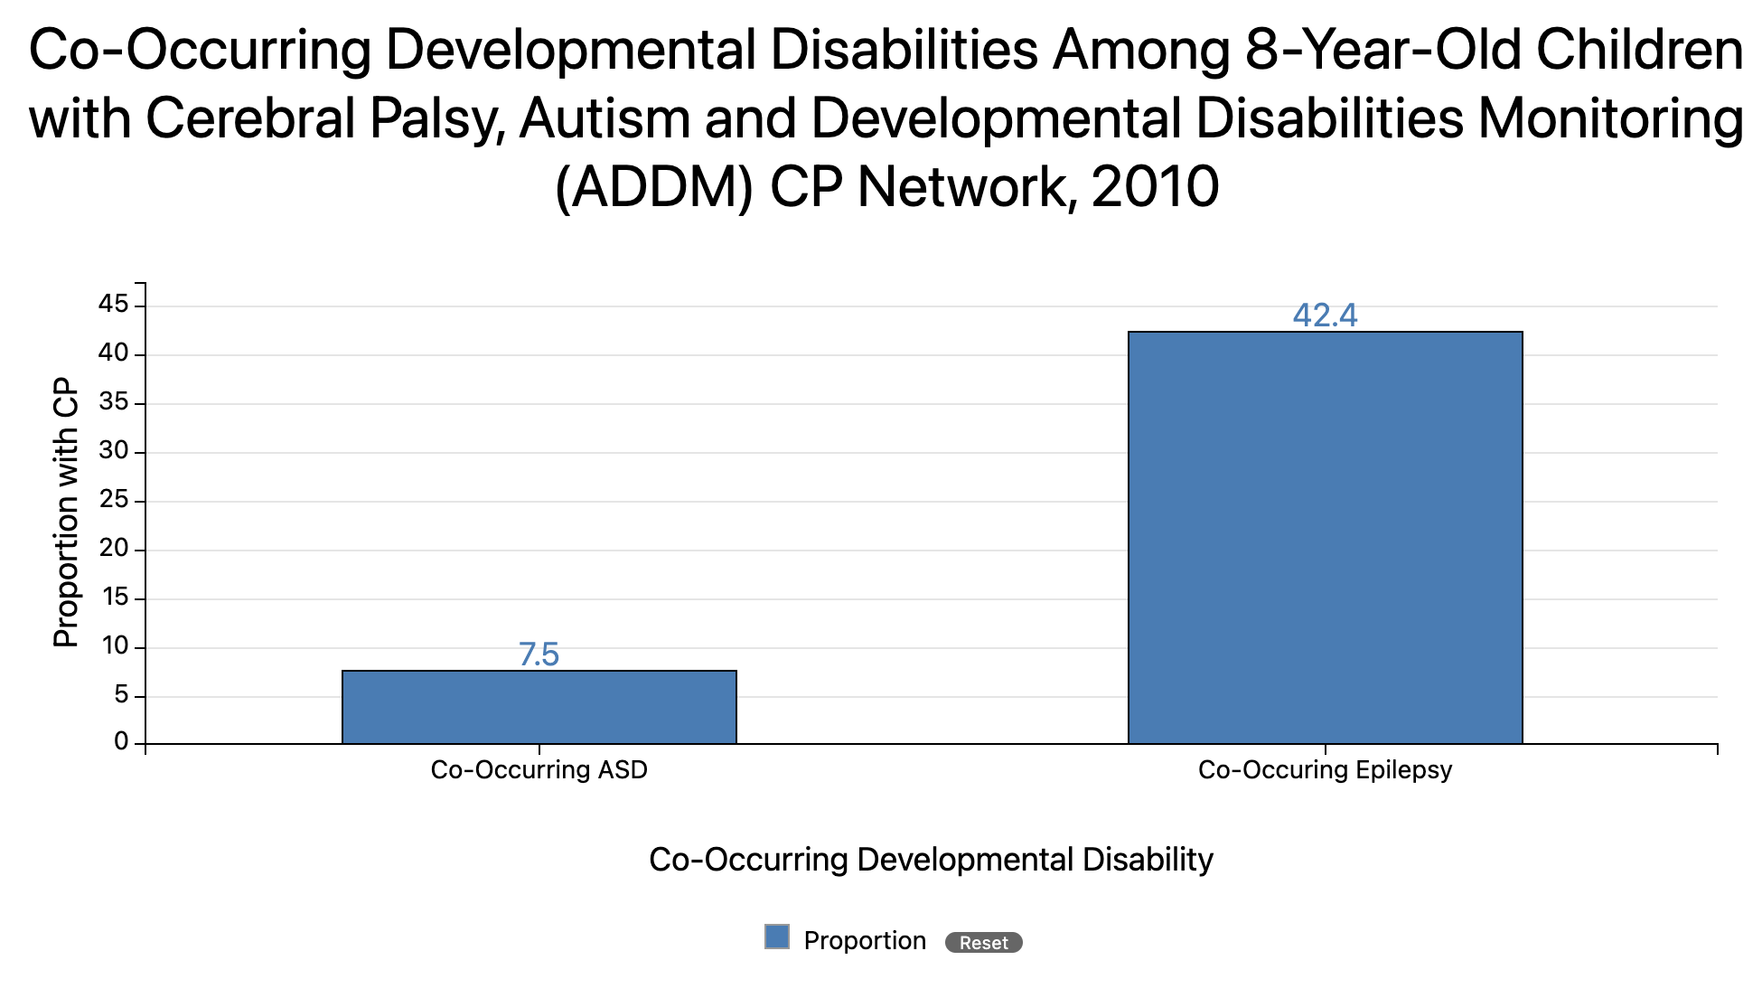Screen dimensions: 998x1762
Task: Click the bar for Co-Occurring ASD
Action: coord(539,707)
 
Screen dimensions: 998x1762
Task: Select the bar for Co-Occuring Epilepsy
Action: coord(1325,538)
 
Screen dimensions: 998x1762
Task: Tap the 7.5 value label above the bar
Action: coord(539,654)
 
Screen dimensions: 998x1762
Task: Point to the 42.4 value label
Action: coord(1325,315)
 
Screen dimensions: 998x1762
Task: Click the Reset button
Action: coord(983,943)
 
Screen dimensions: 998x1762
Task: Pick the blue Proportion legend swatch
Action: coord(777,937)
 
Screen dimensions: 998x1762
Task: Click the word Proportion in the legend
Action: coord(865,941)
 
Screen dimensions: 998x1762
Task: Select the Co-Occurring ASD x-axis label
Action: coord(539,770)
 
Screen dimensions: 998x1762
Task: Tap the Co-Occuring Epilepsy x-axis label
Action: coord(1325,770)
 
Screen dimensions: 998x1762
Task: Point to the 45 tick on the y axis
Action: coord(114,305)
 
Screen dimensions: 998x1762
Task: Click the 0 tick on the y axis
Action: coord(121,742)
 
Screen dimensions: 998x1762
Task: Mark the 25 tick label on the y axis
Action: coord(114,500)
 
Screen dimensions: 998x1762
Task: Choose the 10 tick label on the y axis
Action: coord(114,646)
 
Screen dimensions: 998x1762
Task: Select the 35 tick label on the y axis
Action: coord(114,402)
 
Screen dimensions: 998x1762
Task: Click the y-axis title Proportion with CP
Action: coord(66,513)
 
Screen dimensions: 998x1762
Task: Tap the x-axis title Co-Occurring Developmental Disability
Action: coord(931,859)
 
